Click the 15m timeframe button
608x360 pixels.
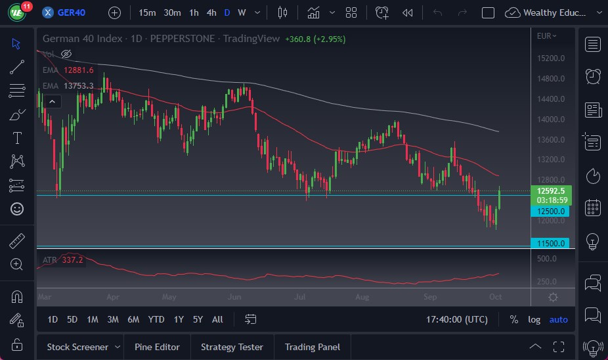(148, 12)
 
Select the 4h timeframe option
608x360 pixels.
(211, 12)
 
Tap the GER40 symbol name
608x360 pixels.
(72, 12)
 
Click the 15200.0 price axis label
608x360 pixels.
(550, 58)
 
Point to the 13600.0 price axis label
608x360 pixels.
(550, 139)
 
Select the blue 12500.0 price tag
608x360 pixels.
(550, 211)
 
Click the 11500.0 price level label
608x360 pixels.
(550, 243)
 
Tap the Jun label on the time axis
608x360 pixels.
(234, 297)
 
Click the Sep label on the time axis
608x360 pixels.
(430, 297)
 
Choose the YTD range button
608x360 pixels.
(156, 319)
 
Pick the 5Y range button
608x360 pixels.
(198, 319)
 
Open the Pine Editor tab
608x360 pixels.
(157, 347)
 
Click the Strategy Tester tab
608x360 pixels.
(232, 347)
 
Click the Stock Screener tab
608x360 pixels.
(77, 347)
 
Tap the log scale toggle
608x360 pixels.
(534, 319)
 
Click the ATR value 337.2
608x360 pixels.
(73, 260)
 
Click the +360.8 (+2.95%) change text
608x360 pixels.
(315, 39)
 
